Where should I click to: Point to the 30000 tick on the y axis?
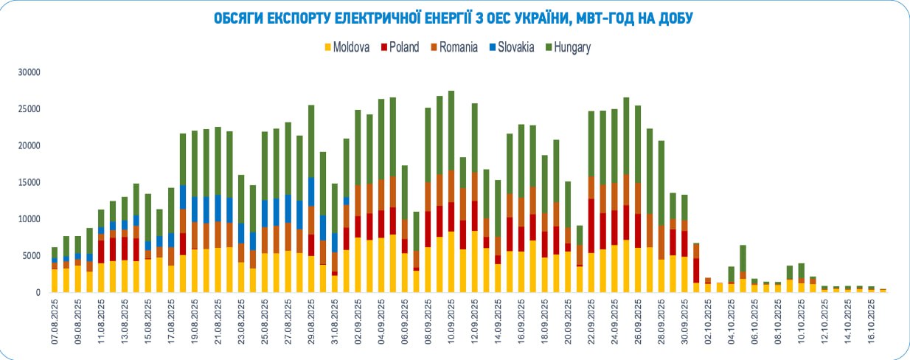pos(30,72)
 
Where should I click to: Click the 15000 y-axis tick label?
pos(30,182)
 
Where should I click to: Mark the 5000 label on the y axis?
pos(32,256)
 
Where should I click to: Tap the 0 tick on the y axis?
pos(38,292)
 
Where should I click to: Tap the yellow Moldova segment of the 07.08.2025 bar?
pos(55,280)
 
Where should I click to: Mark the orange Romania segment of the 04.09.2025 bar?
pos(381,195)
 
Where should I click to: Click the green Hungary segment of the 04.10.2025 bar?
pos(731,274)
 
